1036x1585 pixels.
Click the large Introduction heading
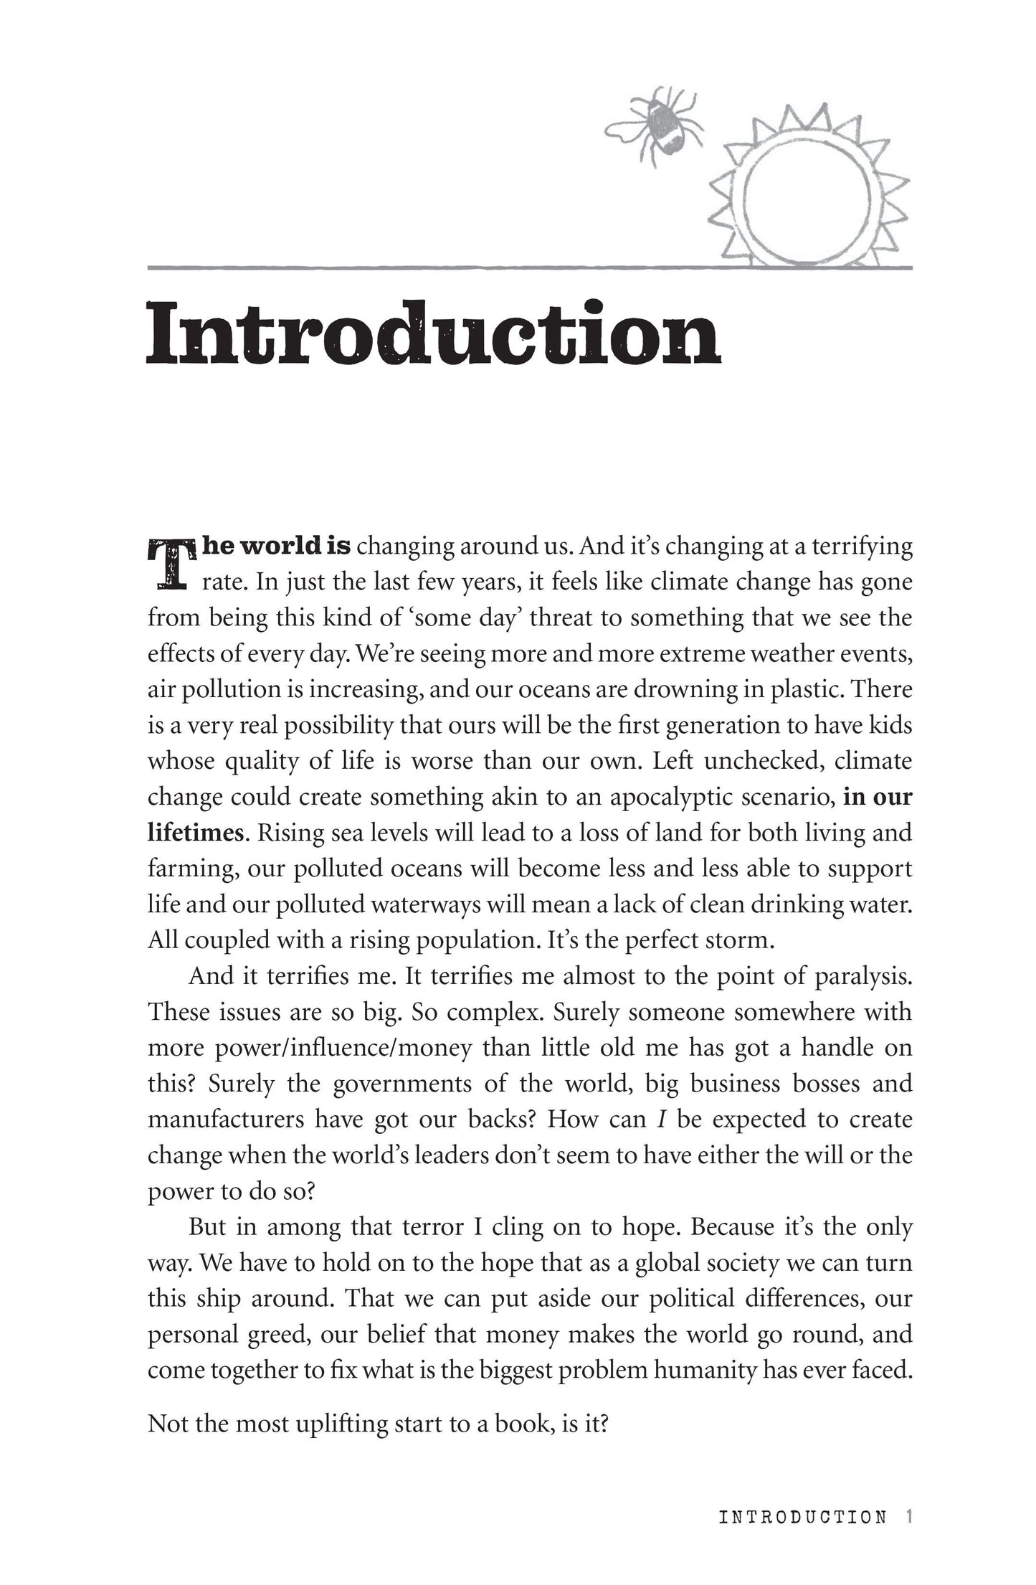433,334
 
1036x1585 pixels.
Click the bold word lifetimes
195,833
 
